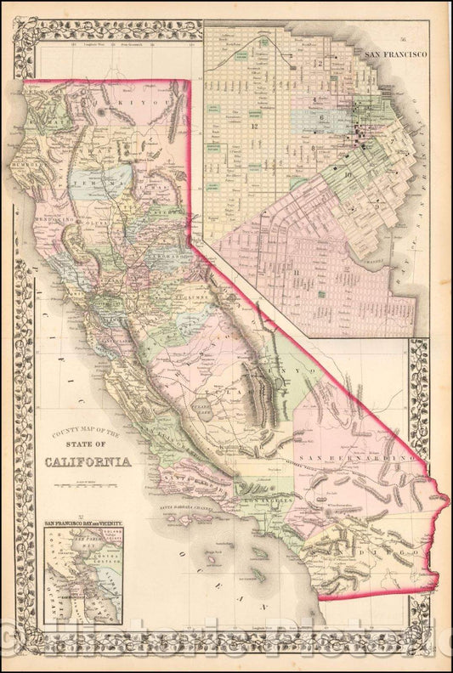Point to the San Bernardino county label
(358, 459)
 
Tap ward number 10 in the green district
(348, 173)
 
